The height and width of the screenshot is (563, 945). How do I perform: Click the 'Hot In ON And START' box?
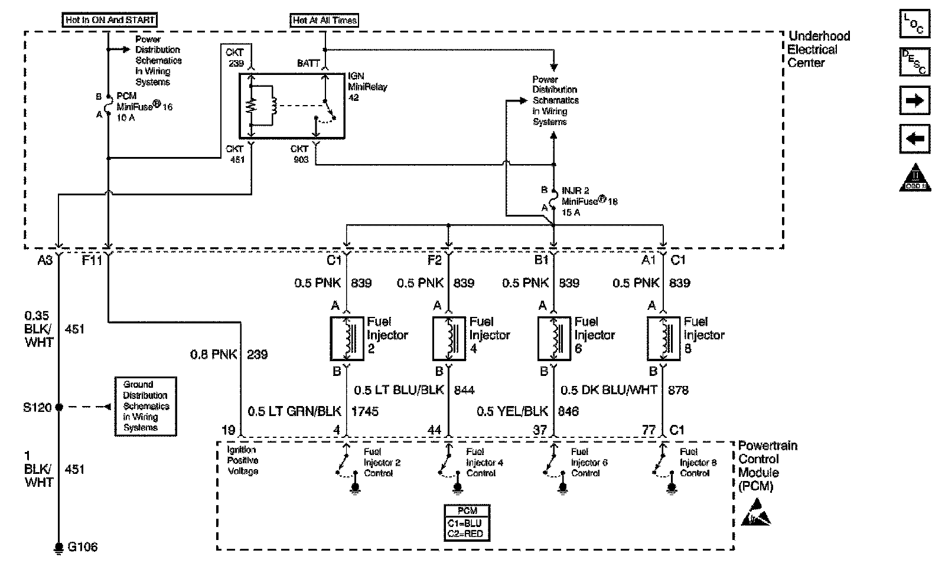110,19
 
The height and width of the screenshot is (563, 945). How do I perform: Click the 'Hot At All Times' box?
324,20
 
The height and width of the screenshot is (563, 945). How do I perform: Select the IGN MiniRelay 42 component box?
291,106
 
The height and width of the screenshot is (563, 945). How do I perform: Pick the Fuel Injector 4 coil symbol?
449,339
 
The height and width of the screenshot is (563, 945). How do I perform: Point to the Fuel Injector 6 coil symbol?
554,339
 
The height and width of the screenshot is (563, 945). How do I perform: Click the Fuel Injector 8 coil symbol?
663,339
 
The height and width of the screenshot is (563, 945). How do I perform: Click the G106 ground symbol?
58,548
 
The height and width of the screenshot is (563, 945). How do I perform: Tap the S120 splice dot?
58,407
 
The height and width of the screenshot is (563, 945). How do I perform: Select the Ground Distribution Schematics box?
145,406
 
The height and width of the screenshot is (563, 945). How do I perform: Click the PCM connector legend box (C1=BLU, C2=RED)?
467,522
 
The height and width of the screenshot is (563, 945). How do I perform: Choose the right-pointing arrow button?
914,101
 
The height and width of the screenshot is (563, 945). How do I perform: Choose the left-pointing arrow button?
914,139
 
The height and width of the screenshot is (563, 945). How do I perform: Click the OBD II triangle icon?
914,178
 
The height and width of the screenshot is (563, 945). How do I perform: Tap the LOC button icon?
914,24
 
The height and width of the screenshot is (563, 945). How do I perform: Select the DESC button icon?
914,62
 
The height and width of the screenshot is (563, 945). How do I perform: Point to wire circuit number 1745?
365,411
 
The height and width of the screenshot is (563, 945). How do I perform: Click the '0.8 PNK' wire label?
213,355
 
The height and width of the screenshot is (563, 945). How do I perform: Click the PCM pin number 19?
228,430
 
